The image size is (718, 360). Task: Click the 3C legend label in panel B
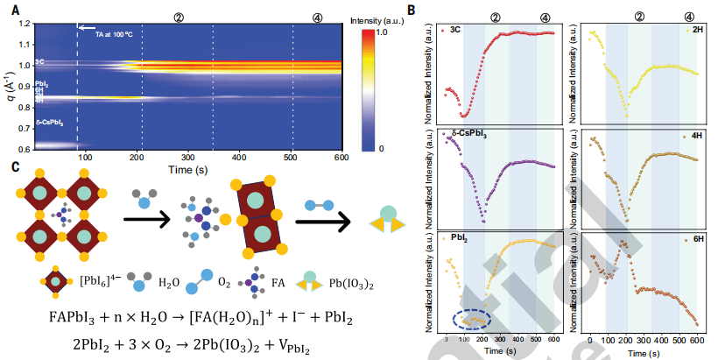click(454, 30)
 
